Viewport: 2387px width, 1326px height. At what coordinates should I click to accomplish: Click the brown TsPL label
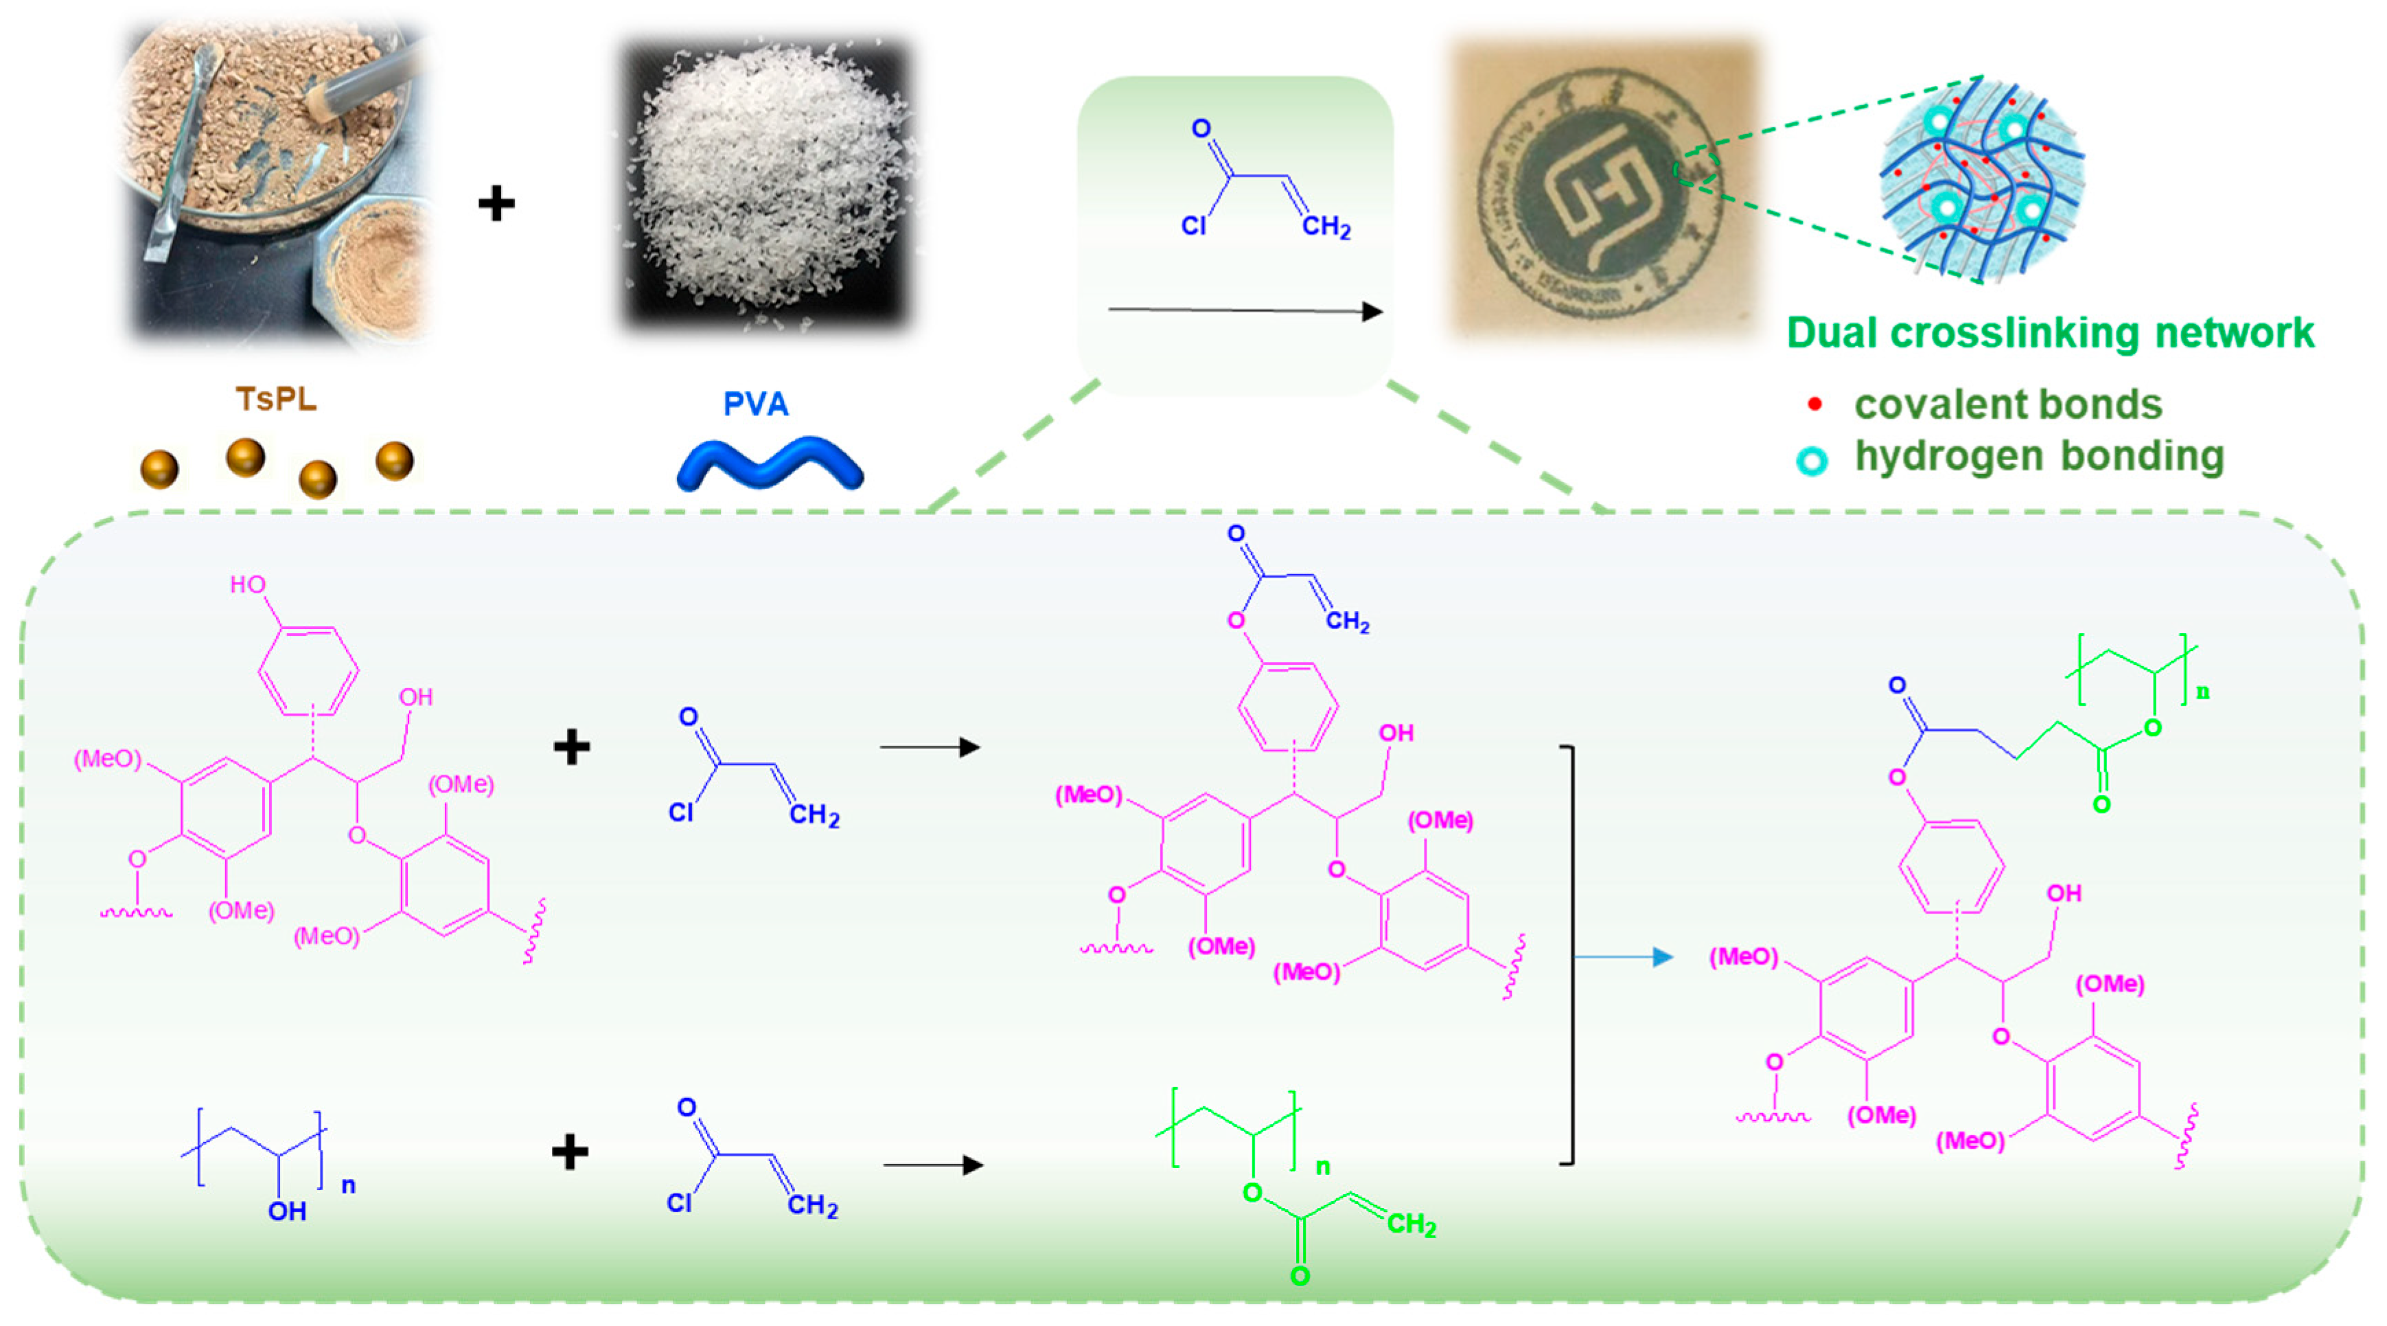pyautogui.click(x=276, y=400)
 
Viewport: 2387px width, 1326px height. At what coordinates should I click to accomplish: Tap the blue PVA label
pyautogui.click(x=755, y=404)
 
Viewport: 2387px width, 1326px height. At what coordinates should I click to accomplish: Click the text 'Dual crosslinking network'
pyautogui.click(x=2050, y=332)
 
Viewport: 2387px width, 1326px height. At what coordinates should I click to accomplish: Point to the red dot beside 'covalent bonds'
pyautogui.click(x=1814, y=404)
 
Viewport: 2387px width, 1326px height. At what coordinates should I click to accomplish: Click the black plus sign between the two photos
pyautogui.click(x=496, y=204)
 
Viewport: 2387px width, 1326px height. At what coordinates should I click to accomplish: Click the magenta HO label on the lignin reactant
pyautogui.click(x=247, y=584)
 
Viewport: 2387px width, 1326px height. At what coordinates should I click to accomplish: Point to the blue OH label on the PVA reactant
pyautogui.click(x=286, y=1211)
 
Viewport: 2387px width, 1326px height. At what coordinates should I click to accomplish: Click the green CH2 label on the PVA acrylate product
pyautogui.click(x=1410, y=1225)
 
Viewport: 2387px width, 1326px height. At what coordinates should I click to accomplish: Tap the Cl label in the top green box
pyautogui.click(x=1193, y=226)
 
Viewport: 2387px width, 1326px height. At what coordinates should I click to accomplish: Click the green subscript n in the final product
pyautogui.click(x=2202, y=691)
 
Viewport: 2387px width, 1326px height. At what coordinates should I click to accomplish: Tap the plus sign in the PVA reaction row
pyautogui.click(x=570, y=1152)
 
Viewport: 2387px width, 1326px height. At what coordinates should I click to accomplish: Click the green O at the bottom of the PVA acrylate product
pyautogui.click(x=1300, y=1277)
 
